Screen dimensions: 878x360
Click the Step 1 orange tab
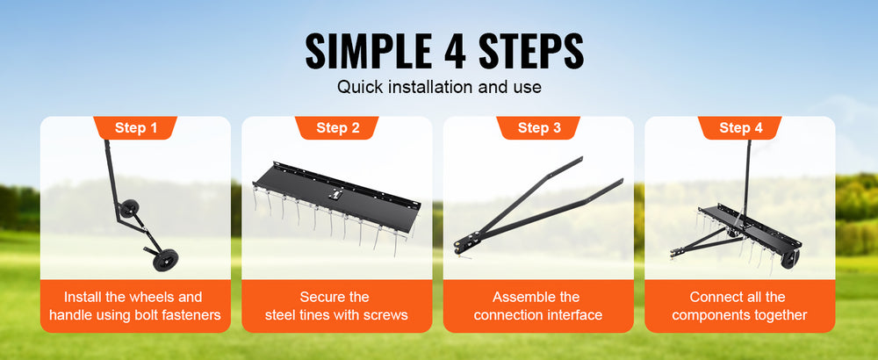click(135, 127)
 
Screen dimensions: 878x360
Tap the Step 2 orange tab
click(337, 127)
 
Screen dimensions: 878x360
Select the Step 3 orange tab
click(539, 127)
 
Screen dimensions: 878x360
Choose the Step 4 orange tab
click(740, 127)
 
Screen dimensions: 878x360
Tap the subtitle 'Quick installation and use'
click(439, 87)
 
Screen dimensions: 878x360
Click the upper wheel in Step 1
click(130, 209)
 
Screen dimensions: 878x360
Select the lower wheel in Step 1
click(165, 260)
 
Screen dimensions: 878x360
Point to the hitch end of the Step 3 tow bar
click(462, 247)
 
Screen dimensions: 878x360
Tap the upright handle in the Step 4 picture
click(746, 178)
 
